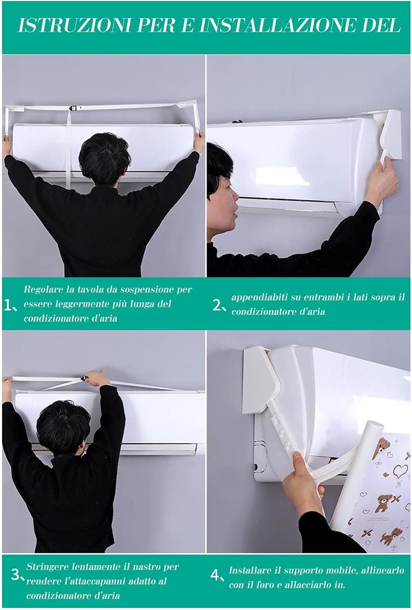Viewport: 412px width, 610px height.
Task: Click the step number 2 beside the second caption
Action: pos(217,305)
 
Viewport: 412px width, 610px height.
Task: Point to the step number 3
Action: pos(15,574)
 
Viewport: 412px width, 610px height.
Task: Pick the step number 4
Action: pos(215,575)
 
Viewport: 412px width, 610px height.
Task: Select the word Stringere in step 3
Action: pos(44,567)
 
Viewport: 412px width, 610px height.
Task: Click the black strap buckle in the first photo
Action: pos(73,108)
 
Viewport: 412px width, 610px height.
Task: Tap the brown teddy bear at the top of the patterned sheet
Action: pos(381,448)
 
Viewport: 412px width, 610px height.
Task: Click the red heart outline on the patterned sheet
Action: pos(400,471)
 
